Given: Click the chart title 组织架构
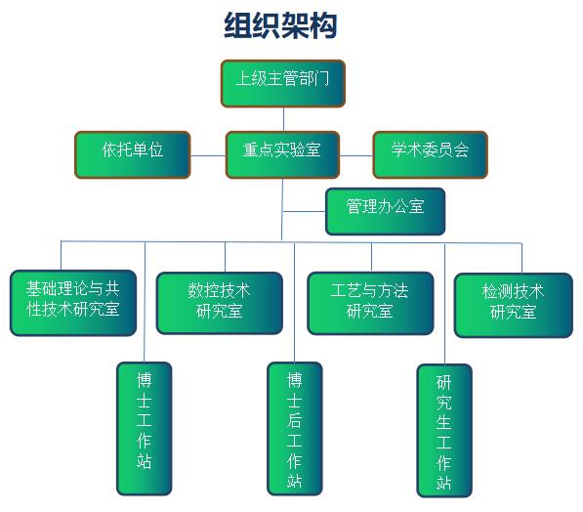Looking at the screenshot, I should pos(280,25).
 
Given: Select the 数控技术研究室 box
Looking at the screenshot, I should pos(219,302).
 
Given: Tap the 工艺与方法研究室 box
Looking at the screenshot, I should pos(370,302).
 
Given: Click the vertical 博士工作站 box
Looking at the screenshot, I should pos(146,427).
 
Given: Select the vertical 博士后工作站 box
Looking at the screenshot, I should pos(294,427).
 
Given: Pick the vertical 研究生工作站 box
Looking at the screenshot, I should pos(444,430).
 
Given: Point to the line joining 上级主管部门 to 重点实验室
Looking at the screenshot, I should pos(283,118).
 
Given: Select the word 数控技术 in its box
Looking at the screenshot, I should pos(219,290).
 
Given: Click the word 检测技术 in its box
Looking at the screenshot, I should pos(514,291).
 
